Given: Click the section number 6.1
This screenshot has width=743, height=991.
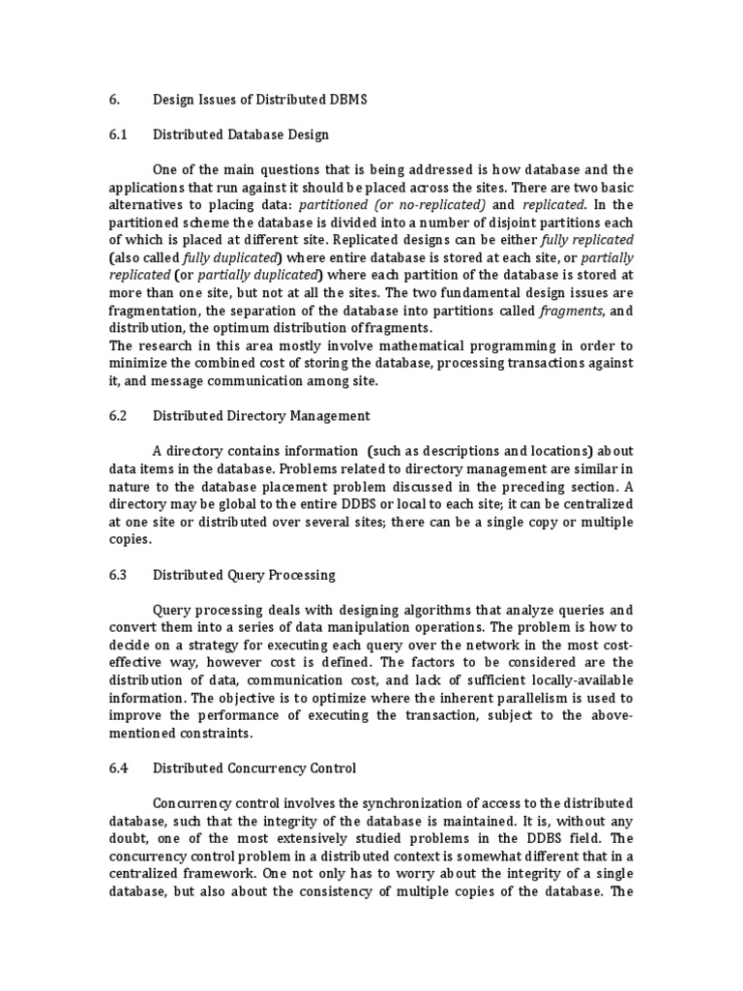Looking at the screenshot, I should pos(118,135).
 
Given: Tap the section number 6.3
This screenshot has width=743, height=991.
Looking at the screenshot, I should pos(118,574).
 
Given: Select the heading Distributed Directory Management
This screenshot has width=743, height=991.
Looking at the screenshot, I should pos(261,415).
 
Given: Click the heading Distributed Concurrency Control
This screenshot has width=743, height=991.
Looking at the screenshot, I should pos(254,767).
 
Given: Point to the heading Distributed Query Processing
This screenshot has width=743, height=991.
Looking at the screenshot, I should pos(245,574).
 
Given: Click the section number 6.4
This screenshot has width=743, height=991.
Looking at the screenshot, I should pos(118,767).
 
